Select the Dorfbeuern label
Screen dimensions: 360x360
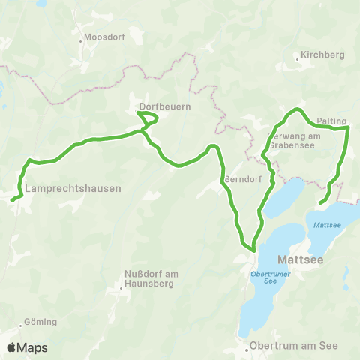[166, 106]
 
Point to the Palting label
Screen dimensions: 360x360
[331, 120]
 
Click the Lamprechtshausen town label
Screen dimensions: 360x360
[73, 188]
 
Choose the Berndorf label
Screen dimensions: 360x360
[241, 180]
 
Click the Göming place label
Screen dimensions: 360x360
[40, 322]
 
